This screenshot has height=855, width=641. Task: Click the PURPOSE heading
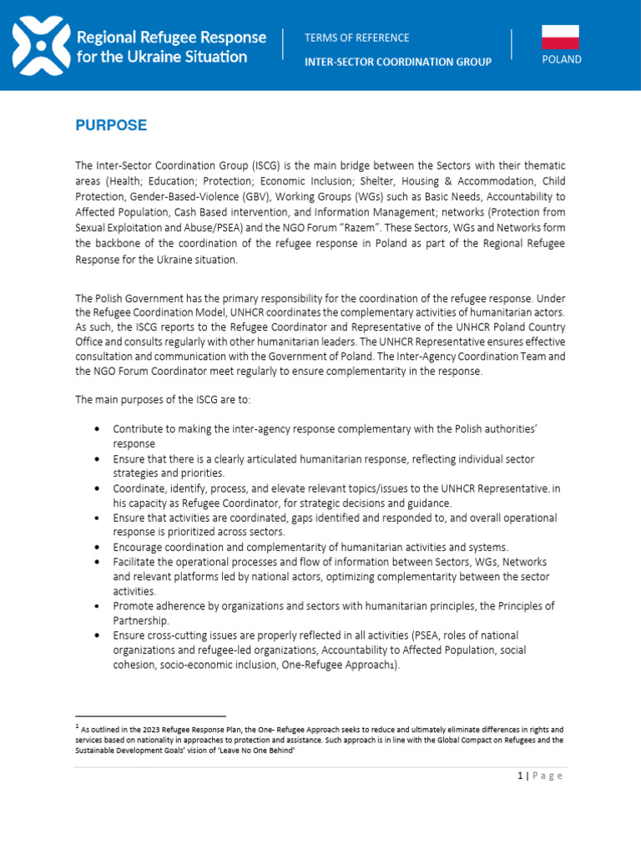pyautogui.click(x=111, y=125)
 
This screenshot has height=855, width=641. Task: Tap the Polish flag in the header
pyautogui.click(x=560, y=38)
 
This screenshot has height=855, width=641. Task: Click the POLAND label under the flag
pyautogui.click(x=561, y=60)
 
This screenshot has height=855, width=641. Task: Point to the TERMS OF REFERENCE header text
pyautogui.click(x=356, y=38)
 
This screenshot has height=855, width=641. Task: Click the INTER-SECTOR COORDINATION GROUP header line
pyautogui.click(x=397, y=61)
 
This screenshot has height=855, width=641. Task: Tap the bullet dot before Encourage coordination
pyautogui.click(x=98, y=547)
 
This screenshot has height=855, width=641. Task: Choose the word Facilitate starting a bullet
pyautogui.click(x=137, y=562)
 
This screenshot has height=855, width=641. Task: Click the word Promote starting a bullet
pyautogui.click(x=134, y=605)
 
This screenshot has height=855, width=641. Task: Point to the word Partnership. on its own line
pyautogui.click(x=143, y=620)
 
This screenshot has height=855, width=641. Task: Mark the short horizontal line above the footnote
pyautogui.click(x=150, y=716)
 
